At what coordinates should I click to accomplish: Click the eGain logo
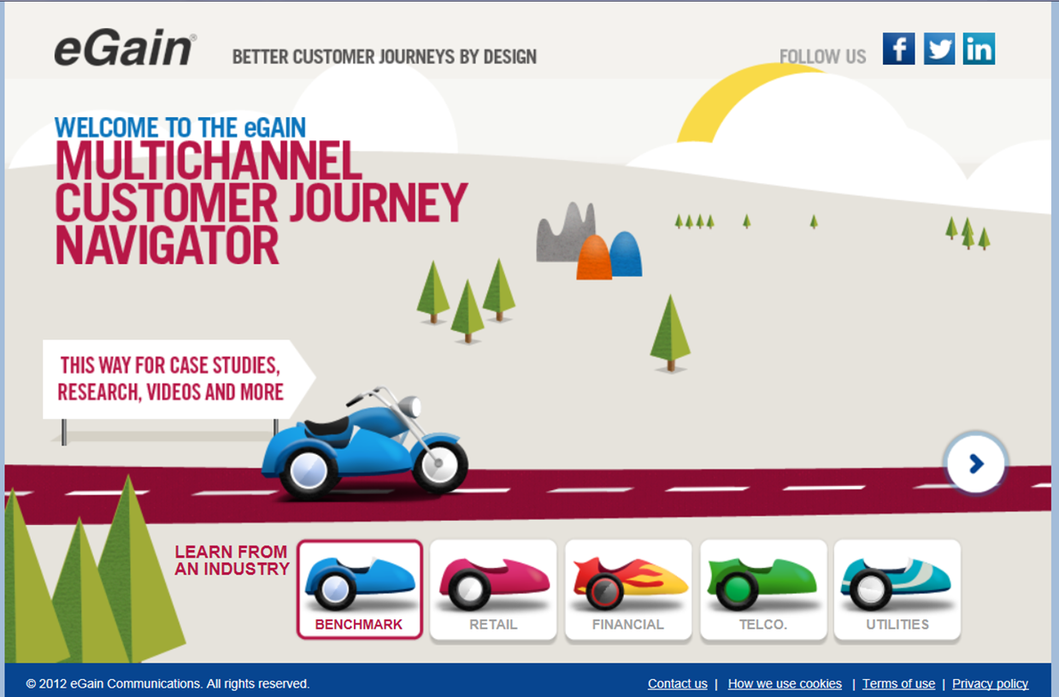click(x=125, y=50)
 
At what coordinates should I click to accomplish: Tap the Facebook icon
click(x=898, y=49)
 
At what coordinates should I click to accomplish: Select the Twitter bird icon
click(x=938, y=49)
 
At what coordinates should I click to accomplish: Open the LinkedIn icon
click(x=979, y=49)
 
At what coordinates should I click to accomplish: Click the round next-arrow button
click(x=976, y=464)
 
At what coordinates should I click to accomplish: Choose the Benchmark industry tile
click(x=360, y=589)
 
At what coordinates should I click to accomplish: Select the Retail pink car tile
click(x=493, y=589)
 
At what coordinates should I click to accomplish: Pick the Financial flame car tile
click(x=628, y=589)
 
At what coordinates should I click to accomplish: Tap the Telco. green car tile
click(x=763, y=589)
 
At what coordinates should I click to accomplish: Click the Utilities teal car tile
click(x=897, y=589)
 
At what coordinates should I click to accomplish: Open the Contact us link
click(x=677, y=684)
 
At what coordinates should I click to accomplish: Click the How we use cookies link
click(x=785, y=684)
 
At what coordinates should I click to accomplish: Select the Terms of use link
click(x=898, y=684)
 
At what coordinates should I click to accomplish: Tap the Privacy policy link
click(x=990, y=684)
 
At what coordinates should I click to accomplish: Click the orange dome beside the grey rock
click(x=594, y=258)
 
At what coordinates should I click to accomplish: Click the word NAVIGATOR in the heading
click(x=168, y=245)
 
